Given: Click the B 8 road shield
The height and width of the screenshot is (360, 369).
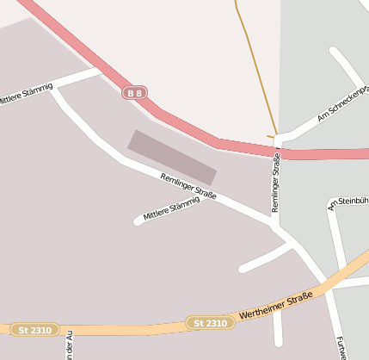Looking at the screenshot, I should [134, 92].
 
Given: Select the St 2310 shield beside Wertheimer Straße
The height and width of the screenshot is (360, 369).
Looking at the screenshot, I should [210, 323].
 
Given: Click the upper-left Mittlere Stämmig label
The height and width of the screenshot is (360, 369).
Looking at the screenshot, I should [26, 94].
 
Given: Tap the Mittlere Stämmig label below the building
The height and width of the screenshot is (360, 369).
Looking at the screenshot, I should [171, 208].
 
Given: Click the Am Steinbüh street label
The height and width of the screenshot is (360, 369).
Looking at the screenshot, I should [347, 203].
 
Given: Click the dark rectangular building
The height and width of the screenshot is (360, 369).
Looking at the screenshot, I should [172, 157].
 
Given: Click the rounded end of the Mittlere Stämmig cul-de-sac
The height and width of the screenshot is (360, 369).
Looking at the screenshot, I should [138, 221].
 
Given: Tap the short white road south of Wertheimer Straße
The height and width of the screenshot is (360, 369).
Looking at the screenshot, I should [277, 327].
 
